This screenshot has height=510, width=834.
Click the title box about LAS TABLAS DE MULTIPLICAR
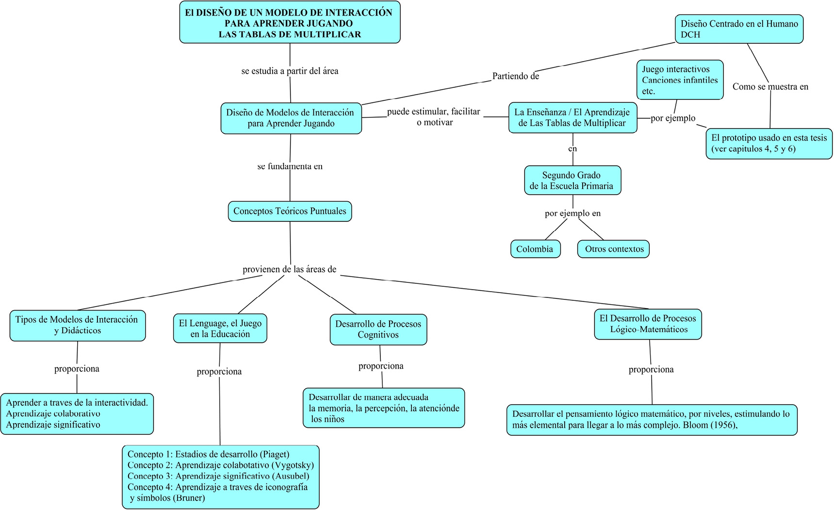(x=290, y=23)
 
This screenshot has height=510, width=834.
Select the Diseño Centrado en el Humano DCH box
(x=738, y=29)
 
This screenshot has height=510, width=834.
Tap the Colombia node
(x=535, y=249)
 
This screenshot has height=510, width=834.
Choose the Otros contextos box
(x=614, y=249)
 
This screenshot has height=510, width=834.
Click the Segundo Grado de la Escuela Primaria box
(x=572, y=181)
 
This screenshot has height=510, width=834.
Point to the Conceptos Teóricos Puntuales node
(x=290, y=211)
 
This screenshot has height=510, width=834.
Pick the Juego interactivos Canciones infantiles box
(x=679, y=80)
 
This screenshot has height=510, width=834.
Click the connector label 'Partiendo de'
(x=515, y=76)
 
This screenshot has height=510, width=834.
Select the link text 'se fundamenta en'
(x=290, y=166)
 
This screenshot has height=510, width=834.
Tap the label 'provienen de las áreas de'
(x=289, y=269)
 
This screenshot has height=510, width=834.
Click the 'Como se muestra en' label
(x=770, y=87)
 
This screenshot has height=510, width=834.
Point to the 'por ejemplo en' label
(x=572, y=214)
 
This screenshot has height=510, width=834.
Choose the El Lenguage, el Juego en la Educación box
(x=220, y=329)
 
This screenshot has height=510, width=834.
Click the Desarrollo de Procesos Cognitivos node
(x=378, y=329)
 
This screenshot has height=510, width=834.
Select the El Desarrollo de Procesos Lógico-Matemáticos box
(x=648, y=324)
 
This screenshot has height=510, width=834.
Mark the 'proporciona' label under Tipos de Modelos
(x=77, y=369)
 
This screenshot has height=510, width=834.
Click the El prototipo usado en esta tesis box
(x=769, y=143)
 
